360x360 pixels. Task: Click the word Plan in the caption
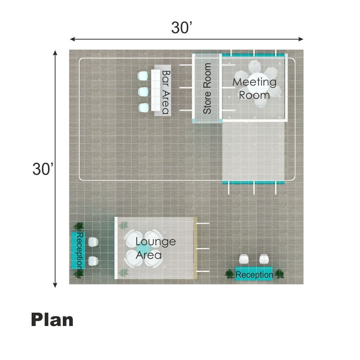[52, 320]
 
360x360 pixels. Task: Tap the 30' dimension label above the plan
[181, 28]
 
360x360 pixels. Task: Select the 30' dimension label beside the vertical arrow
[43, 169]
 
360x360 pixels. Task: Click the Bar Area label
[166, 92]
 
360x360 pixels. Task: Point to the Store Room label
[207, 88]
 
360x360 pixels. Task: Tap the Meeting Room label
[254, 89]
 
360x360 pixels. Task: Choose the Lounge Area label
[156, 248]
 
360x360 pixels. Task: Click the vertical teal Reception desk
[78, 250]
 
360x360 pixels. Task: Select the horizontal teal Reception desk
[254, 274]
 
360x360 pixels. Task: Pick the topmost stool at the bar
[142, 76]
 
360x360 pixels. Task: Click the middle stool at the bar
[143, 92]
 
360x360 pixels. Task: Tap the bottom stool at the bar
[144, 108]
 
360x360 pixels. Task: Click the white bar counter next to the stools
[156, 90]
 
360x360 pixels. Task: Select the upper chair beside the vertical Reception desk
[93, 242]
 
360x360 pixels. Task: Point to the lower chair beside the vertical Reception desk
[93, 261]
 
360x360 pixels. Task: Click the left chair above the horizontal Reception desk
[244, 259]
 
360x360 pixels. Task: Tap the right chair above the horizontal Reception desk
[264, 259]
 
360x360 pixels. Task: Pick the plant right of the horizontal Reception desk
[280, 274]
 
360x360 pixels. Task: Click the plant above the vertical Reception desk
[79, 226]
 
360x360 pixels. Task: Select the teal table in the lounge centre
[144, 249]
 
